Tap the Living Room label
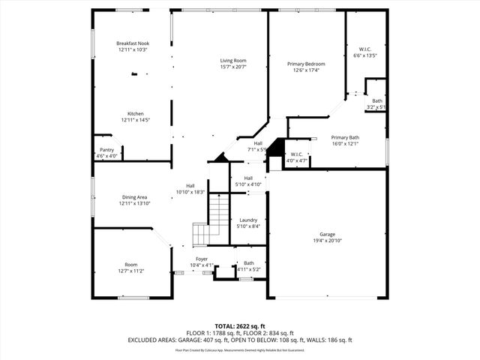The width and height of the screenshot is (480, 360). (x=233, y=61)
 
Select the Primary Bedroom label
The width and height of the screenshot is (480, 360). (x=306, y=64)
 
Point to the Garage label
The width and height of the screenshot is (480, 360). (x=328, y=235)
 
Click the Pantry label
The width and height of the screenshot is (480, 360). (x=107, y=150)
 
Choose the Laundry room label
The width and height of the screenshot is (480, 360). (x=247, y=220)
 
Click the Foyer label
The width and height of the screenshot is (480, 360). (x=202, y=259)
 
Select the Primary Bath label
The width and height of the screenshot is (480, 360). (x=346, y=137)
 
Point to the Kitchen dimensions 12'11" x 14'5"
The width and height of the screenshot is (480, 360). (x=136, y=120)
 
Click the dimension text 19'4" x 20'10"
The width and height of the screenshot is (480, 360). (x=328, y=241)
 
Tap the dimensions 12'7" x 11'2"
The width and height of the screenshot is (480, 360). (x=131, y=271)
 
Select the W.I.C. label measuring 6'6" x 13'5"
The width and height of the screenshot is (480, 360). (x=364, y=55)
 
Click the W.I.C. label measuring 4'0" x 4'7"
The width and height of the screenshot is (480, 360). (x=297, y=160)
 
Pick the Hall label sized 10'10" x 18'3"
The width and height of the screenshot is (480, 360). (x=190, y=192)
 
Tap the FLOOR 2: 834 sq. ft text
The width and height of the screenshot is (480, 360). (x=268, y=334)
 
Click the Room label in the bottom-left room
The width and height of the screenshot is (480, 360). (x=131, y=265)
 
